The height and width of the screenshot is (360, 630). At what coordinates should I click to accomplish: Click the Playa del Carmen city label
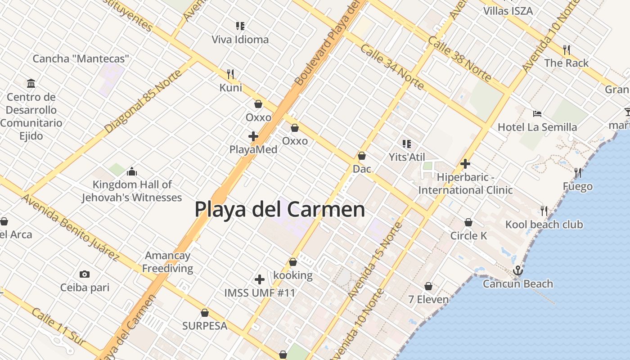[279, 210]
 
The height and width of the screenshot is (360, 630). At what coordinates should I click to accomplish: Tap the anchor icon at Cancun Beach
[518, 270]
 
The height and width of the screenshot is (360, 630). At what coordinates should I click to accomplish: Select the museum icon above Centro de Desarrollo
[31, 83]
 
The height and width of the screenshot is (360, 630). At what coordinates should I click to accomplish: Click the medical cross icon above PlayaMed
[253, 136]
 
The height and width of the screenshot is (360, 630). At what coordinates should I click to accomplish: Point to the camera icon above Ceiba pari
[84, 274]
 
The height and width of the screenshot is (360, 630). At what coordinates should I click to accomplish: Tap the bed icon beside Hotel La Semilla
[537, 113]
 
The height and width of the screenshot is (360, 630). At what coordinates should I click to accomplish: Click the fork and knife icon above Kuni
[230, 73]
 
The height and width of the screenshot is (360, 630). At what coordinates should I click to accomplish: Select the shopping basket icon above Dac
[362, 156]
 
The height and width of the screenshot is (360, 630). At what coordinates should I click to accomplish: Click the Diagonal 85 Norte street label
[144, 101]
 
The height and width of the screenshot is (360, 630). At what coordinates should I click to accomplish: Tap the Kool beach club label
[544, 224]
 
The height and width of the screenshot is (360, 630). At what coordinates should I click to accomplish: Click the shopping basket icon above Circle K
[468, 222]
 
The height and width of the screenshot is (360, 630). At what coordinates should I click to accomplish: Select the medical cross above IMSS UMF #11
[260, 279]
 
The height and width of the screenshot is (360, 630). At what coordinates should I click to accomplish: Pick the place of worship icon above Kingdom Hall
[132, 171]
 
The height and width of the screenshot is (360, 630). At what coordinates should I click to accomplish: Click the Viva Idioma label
[240, 40]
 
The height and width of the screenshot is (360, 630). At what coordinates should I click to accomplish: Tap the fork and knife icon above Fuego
[578, 172]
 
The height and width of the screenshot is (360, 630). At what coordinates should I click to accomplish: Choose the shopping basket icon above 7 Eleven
[428, 286]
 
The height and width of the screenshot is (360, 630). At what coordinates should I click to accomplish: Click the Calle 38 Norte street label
[459, 59]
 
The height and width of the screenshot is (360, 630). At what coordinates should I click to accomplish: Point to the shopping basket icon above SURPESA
[205, 312]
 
